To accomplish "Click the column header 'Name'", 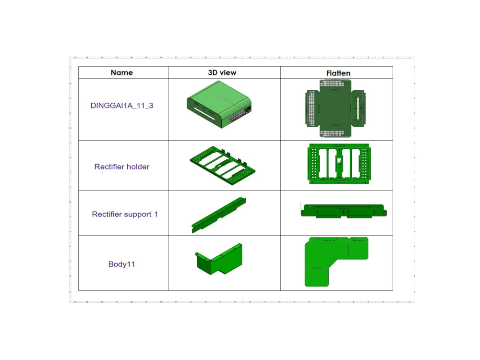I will pos(121,72).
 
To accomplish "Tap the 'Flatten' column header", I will pos(338,73).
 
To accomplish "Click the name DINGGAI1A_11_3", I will pos(122,106).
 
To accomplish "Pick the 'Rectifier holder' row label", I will pos(122,167).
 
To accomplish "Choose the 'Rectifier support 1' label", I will pos(125,214).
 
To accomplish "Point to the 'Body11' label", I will pos(121,264).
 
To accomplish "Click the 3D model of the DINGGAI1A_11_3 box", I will pos(219,104).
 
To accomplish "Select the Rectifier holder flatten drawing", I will pos(338,163).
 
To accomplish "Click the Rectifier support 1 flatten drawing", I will pos(344,211).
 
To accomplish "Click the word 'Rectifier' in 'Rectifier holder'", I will pos(109,167).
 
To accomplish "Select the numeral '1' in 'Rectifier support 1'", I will pos(156,214).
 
